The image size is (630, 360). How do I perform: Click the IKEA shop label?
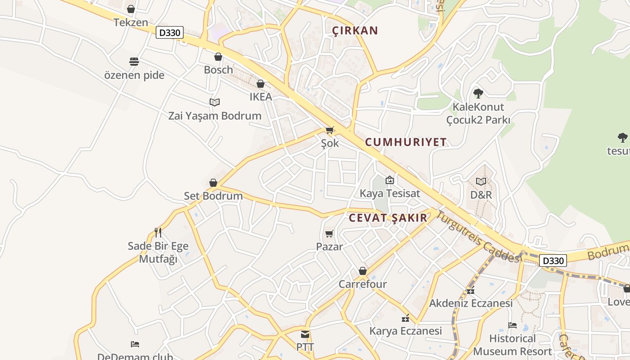(261, 97)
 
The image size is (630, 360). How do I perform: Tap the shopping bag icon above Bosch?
(218, 57)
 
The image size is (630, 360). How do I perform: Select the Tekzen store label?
(131, 22)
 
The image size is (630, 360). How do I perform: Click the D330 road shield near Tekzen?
(170, 32)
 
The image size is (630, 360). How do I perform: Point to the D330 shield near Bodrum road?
(553, 261)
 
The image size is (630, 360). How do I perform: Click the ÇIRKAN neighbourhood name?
(355, 31)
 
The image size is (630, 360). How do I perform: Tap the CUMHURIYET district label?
(406, 142)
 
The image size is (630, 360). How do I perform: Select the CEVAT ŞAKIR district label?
(388, 218)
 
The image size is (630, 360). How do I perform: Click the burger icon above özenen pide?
(134, 62)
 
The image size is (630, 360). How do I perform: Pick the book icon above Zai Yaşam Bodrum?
(215, 103)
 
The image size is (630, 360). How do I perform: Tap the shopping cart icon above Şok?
(330, 130)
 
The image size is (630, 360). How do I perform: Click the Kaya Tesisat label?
(390, 193)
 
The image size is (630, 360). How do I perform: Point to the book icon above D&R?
(481, 181)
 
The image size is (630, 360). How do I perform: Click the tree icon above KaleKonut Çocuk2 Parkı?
(478, 94)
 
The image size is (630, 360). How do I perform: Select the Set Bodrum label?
(213, 196)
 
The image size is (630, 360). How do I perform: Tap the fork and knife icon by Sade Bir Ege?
(158, 233)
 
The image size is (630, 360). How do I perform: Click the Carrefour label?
(363, 284)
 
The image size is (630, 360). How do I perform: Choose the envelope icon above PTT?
(305, 334)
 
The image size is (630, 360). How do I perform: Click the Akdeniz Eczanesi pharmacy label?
(471, 303)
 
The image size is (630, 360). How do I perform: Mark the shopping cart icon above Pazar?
(329, 234)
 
